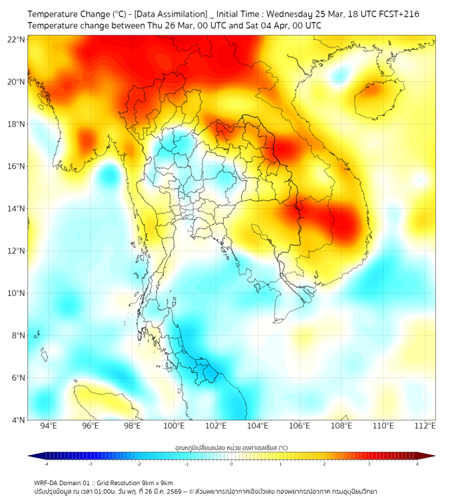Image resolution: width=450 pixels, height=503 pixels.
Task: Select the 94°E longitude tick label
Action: pyautogui.click(x=49, y=426)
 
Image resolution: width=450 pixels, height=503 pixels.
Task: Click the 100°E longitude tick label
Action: pyautogui.click(x=174, y=426)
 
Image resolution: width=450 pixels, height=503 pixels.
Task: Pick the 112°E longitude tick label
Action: pyautogui.click(x=425, y=426)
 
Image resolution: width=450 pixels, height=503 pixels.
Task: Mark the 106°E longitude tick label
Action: pyautogui.click(x=300, y=426)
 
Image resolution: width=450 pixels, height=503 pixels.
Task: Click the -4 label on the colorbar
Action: pyautogui.click(x=46, y=464)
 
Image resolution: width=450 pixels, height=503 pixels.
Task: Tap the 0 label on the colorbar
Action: pyautogui.click(x=232, y=464)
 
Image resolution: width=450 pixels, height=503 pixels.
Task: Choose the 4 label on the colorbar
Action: pyautogui.click(x=417, y=464)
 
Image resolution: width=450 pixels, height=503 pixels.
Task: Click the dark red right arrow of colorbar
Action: pyautogui.click(x=430, y=456)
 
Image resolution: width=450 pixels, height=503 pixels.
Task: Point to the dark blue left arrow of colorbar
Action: pyautogui.click(x=33, y=456)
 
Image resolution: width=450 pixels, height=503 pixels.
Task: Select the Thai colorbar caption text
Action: pyautogui.click(x=231, y=448)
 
